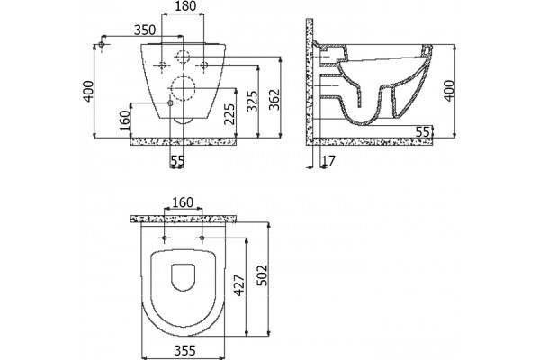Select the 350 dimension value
coord(145,30)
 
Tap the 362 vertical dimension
coord(274,100)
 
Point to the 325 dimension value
coord(253,101)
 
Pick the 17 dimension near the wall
coord(328,160)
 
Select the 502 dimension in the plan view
coord(263,275)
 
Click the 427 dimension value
coord(239,285)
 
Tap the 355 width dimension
coord(184,350)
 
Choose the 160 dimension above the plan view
coord(183,202)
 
